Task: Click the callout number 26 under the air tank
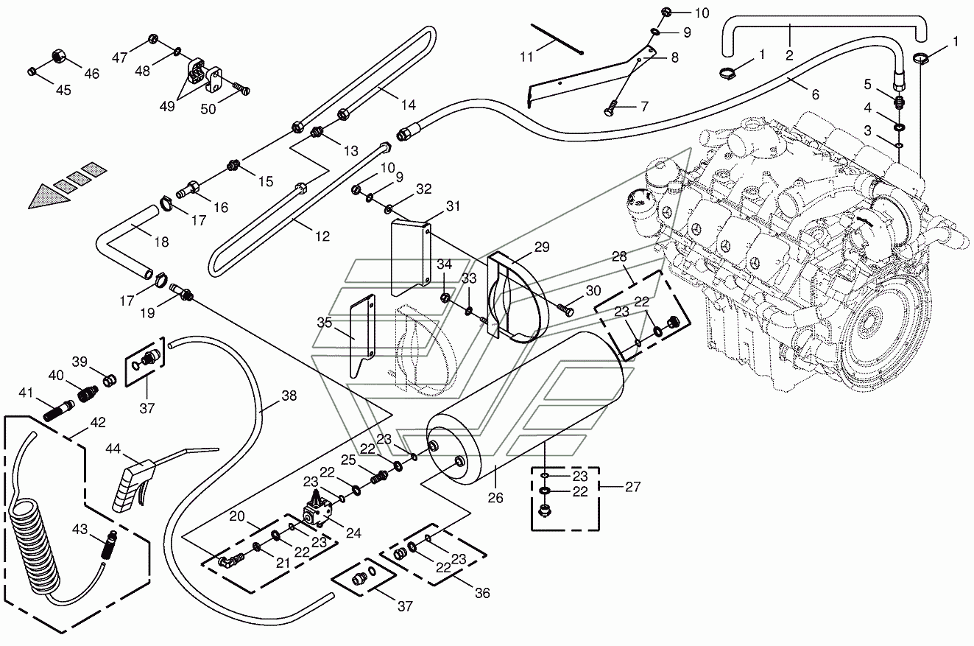(495, 498)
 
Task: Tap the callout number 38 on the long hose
(289, 396)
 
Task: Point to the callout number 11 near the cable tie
(526, 57)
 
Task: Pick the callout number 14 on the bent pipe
(408, 105)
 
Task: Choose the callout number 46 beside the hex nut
(92, 74)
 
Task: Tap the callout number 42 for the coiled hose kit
(98, 422)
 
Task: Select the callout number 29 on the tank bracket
(542, 247)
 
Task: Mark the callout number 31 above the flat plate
(453, 206)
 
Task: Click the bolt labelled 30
(565, 309)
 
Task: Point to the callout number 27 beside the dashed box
(632, 486)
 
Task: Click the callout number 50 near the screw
(208, 109)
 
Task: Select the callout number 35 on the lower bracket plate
(325, 323)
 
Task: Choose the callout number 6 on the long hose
(815, 94)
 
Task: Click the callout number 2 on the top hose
(789, 55)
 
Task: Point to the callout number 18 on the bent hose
(161, 242)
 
